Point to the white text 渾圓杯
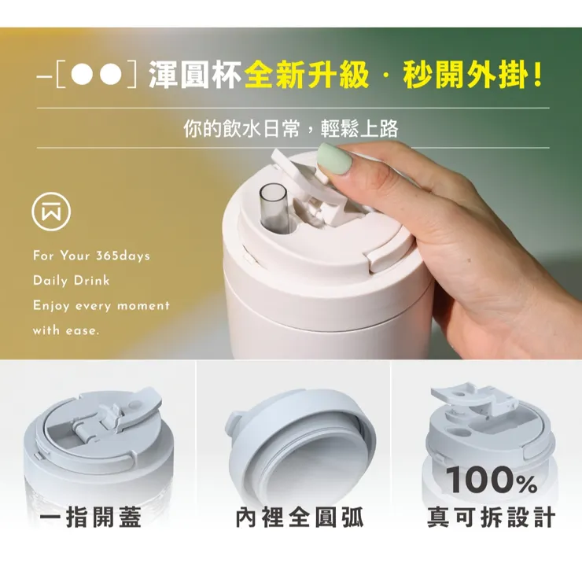click(195, 76)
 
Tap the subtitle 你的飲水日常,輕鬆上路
click(291, 129)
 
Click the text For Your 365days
click(91, 256)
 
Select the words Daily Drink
click(71, 281)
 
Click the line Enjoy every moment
click(101, 305)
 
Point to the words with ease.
click(66, 330)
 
